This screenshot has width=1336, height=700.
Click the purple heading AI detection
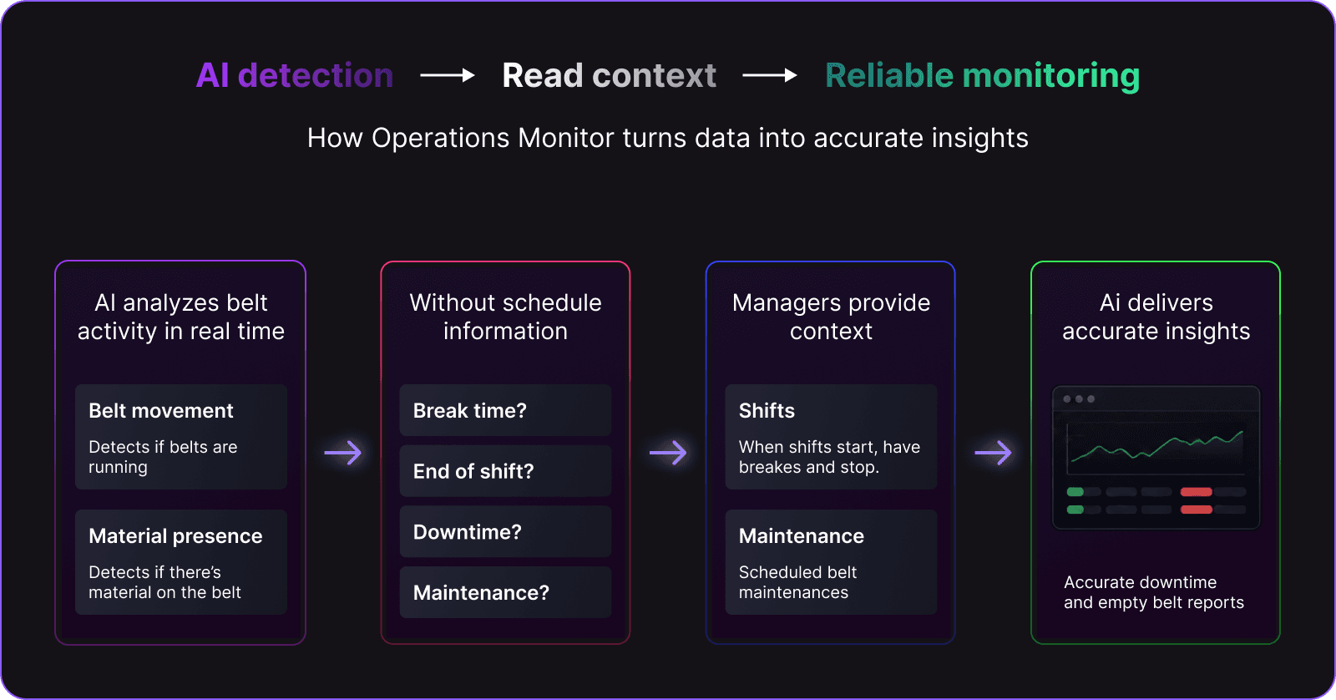(x=295, y=75)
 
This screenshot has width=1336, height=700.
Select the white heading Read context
(x=609, y=75)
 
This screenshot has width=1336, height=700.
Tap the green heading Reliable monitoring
(x=982, y=76)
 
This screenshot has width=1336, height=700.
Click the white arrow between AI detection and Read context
(x=448, y=75)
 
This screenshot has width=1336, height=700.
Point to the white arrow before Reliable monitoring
(x=769, y=75)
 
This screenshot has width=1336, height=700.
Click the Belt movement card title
(x=161, y=411)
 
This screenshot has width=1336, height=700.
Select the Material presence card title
(x=175, y=536)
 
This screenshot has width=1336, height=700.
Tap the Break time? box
(x=505, y=411)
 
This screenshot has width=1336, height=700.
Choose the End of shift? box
(x=505, y=471)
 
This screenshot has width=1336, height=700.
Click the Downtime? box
(x=505, y=532)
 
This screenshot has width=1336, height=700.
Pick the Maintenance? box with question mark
(x=505, y=592)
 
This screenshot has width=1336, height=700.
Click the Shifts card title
(x=767, y=411)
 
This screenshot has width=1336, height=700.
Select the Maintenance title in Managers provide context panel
(x=801, y=536)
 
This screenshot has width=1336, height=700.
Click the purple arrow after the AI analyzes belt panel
(x=343, y=453)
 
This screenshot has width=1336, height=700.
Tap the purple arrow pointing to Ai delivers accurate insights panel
(x=993, y=453)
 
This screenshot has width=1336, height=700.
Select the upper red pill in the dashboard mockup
(x=1196, y=492)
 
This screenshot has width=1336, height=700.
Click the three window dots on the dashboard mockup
(x=1079, y=398)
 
